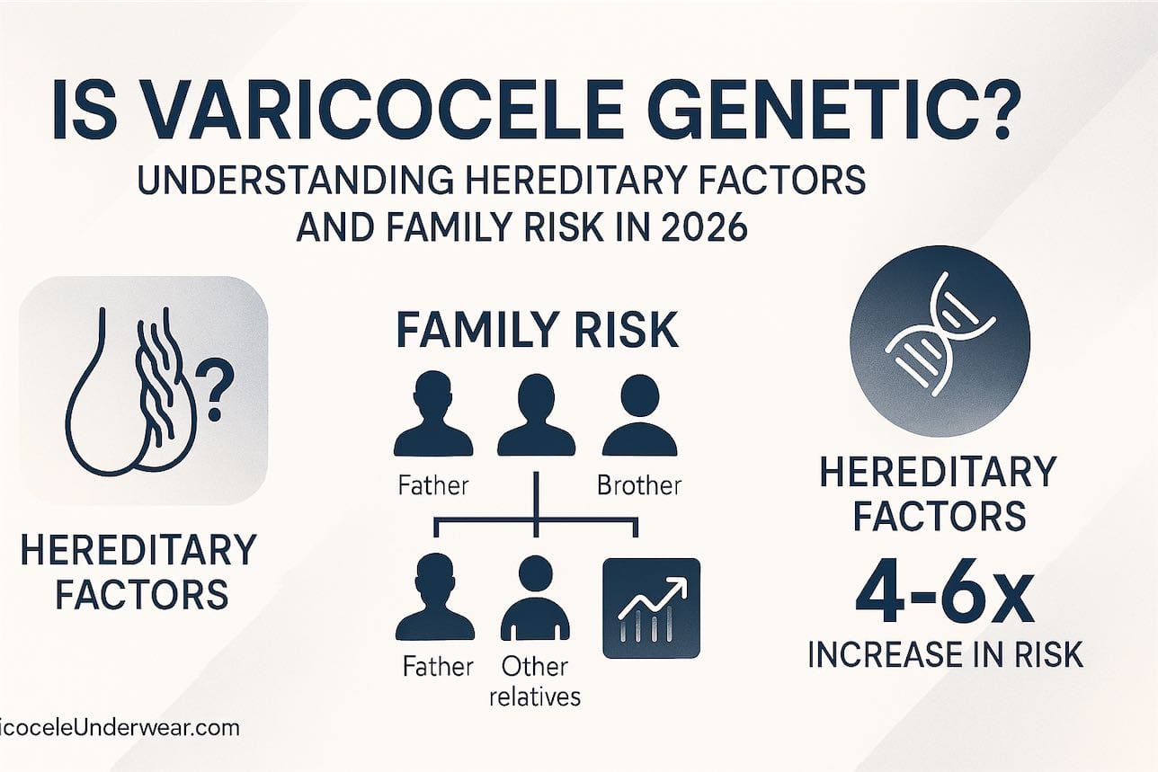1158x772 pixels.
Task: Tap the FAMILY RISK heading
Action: [x=537, y=332]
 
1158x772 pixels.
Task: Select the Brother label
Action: [x=639, y=486]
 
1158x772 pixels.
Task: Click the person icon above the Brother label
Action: [x=638, y=417]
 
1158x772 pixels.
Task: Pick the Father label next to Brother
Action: [x=432, y=486]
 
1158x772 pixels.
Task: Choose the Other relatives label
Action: [x=536, y=680]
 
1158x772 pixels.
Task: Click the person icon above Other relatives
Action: [x=536, y=598]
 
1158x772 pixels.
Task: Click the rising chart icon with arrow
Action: [x=650, y=608]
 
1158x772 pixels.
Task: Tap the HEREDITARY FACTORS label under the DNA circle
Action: [x=939, y=493]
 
